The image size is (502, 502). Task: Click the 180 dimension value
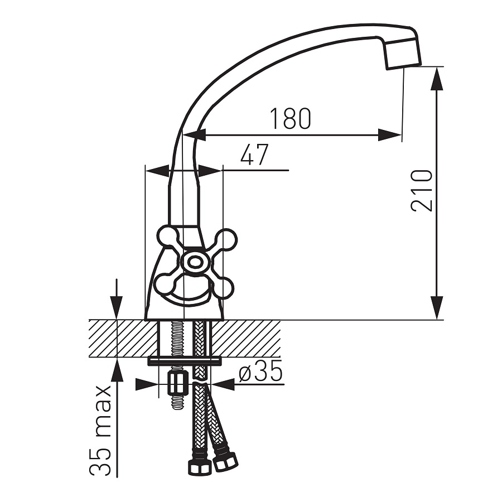coord(291,118)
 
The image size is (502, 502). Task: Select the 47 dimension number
coord(254,155)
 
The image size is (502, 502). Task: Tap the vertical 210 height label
coord(421,190)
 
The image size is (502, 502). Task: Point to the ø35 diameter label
coord(261,370)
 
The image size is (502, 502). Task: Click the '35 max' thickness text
coord(100,431)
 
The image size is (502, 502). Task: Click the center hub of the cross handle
coord(193,263)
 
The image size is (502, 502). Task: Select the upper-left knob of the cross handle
coord(167,237)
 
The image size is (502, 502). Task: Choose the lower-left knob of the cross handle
coord(165,284)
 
